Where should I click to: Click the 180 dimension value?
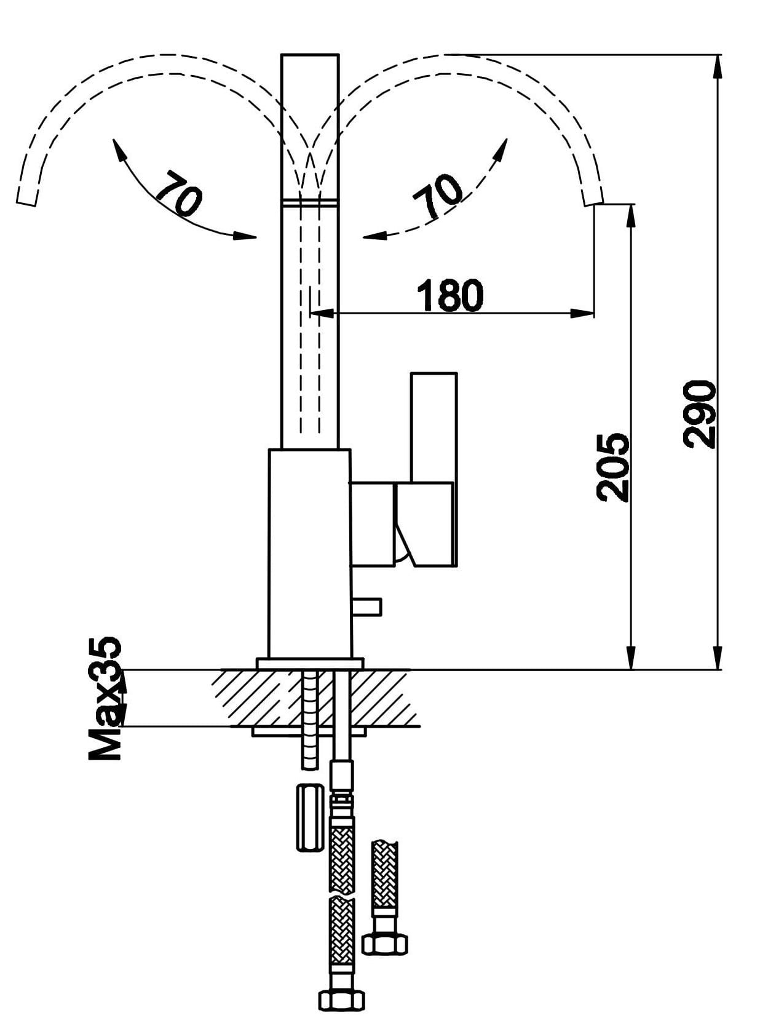(450, 296)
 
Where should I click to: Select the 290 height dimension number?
(700, 413)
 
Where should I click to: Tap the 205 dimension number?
(613, 467)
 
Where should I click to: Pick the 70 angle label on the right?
(438, 196)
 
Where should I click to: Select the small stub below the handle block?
(367, 607)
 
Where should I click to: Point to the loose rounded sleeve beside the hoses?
(308, 817)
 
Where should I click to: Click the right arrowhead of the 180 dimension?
(584, 314)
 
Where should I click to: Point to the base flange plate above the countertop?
(310, 664)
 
